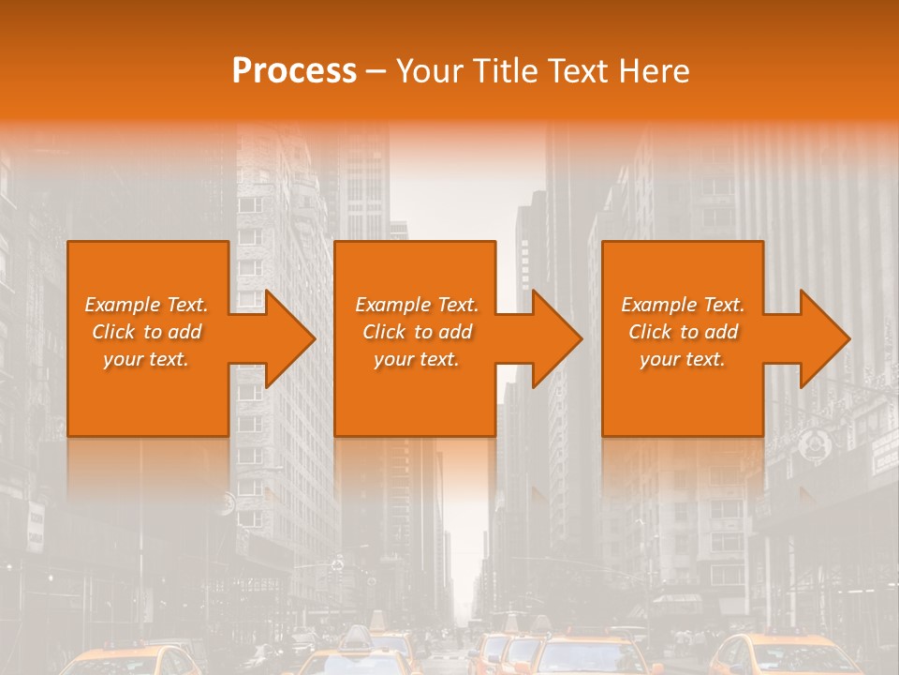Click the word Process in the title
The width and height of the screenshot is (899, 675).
294,71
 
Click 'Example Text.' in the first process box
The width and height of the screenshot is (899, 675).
146,305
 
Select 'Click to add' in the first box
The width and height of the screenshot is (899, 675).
146,332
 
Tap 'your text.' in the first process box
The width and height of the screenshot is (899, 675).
146,359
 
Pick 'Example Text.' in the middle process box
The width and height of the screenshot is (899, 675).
417,305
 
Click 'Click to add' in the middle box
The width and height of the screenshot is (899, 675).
417,332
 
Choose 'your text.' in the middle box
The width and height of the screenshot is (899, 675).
417,359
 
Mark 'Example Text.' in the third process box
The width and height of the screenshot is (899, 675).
683,305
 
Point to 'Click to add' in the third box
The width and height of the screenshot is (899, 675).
683,332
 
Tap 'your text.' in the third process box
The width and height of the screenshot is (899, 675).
683,359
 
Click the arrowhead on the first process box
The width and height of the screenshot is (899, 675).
287,338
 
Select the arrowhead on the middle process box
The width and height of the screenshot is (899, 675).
554,338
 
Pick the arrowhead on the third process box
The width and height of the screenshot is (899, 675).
822,338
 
